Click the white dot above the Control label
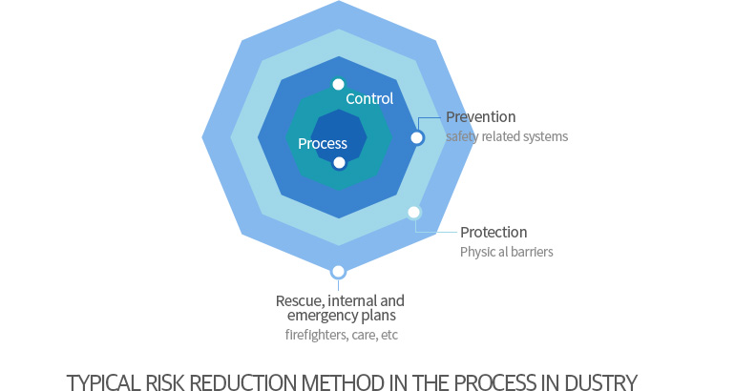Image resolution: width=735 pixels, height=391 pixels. point(338,84)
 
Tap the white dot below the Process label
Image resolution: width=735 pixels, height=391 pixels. point(339,163)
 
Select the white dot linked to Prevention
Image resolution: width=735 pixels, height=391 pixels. point(417,137)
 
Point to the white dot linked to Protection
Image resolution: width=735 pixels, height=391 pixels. point(413,213)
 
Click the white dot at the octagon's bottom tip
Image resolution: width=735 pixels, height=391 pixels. point(338,272)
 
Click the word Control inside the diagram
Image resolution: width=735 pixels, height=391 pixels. point(369,99)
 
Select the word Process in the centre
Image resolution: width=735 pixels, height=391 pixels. point(323,144)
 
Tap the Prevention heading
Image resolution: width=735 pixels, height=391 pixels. point(480,116)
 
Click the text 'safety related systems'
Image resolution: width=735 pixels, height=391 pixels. point(507,136)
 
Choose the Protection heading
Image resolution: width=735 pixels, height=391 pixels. point(493,233)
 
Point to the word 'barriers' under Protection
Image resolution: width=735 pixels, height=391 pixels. point(532,252)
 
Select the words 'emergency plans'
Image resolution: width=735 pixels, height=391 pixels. point(342,316)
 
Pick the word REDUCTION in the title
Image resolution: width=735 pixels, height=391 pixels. point(243,382)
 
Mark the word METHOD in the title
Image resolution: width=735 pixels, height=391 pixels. point(340,382)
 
